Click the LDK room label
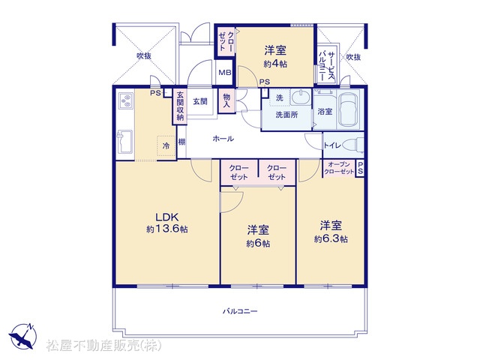click(166, 217)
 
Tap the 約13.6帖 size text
click(166, 229)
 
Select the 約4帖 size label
click(275, 64)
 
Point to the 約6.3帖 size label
click(331, 238)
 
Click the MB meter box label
click(225, 73)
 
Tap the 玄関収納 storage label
click(180, 106)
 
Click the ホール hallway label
click(223, 139)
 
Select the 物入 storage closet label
click(226, 100)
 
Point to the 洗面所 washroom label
click(286, 115)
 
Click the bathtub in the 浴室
click(349, 109)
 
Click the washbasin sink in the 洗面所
click(300, 97)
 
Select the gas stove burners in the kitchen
click(126, 100)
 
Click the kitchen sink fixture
click(125, 142)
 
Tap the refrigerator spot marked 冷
click(166, 146)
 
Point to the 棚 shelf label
click(181, 142)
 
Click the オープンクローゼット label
click(339, 168)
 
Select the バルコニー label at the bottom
click(240, 312)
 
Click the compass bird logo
click(22, 336)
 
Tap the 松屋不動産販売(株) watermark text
click(103, 346)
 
